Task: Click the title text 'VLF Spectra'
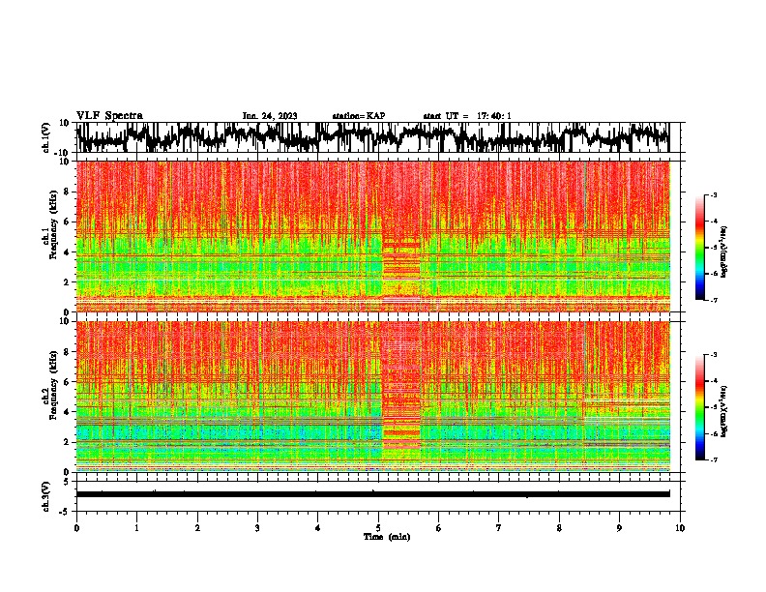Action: tap(109, 115)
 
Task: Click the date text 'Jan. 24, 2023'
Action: tap(269, 116)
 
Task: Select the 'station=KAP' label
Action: tap(358, 116)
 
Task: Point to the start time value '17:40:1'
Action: tap(493, 116)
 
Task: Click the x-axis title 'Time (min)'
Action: tap(378, 537)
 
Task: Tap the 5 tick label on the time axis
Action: tap(378, 527)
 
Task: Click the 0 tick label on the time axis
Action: tap(76, 527)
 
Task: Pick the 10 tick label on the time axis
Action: tap(680, 527)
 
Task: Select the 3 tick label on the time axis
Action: tap(257, 527)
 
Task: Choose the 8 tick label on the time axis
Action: tap(559, 527)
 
